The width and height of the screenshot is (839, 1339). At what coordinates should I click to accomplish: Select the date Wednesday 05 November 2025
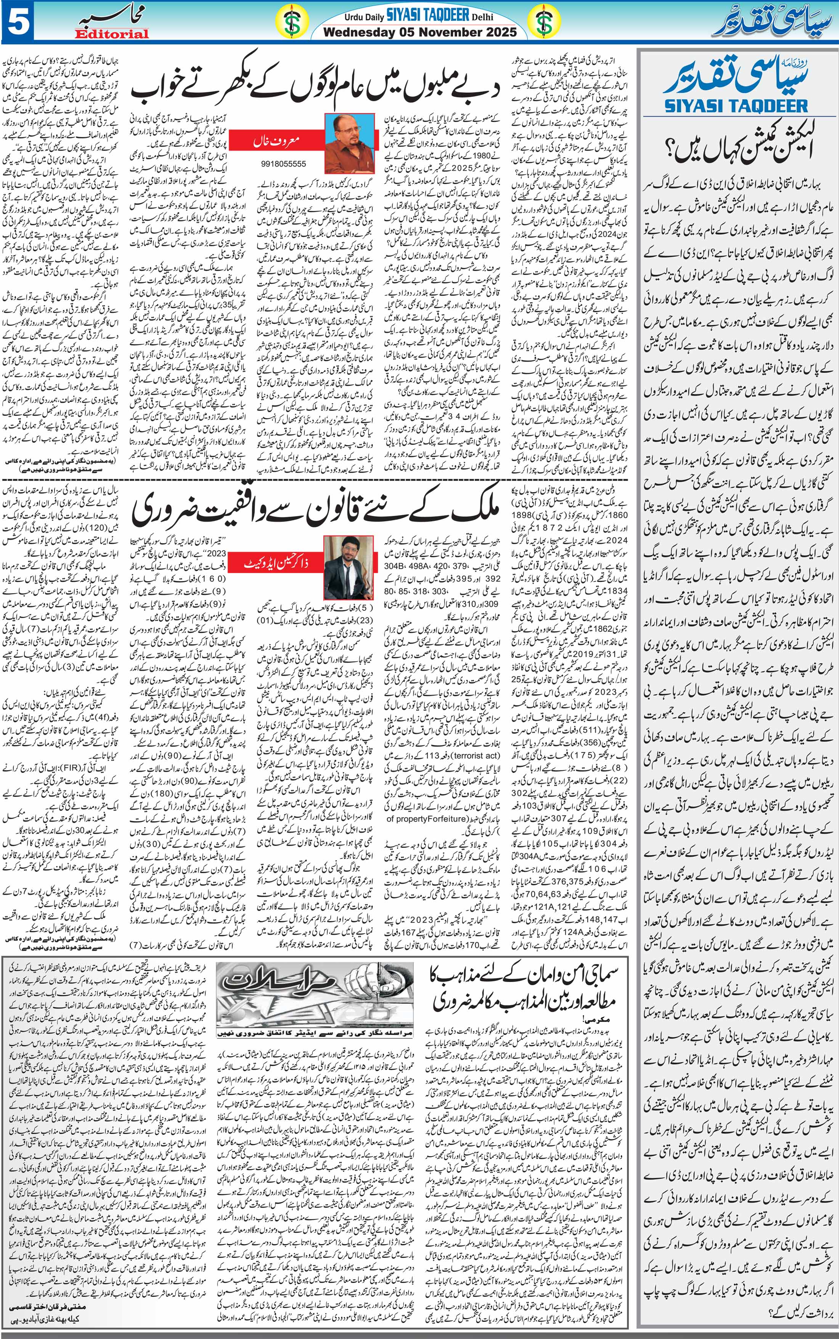pyautogui.click(x=419, y=32)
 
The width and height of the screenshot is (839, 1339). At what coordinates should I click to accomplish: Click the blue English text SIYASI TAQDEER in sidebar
pyautogui.click(x=736, y=105)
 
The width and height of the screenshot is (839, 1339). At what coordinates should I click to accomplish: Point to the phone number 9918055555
pyautogui.click(x=283, y=164)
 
